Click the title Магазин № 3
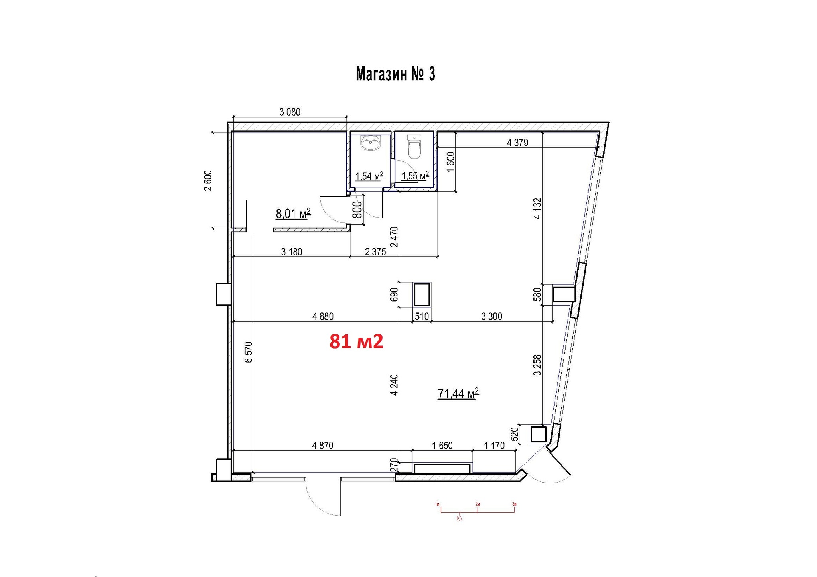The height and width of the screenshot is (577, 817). (395, 75)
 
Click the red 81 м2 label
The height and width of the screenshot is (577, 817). (356, 341)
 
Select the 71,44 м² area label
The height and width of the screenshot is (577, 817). (458, 394)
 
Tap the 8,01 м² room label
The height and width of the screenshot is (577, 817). (293, 214)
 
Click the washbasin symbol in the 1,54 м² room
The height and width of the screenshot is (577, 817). (371, 143)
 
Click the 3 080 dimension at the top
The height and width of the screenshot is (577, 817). (290, 112)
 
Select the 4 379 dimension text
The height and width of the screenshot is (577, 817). (517, 143)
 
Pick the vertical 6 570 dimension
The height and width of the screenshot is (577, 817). (249, 352)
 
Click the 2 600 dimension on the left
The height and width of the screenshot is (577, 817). (208, 181)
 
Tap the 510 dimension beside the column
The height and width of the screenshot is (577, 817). (422, 316)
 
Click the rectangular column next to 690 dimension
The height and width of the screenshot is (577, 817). (422, 295)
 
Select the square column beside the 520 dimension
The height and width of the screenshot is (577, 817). (538, 434)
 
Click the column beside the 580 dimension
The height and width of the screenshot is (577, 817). (563, 294)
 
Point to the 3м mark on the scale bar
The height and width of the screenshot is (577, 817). (514, 504)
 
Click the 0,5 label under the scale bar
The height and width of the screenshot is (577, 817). (459, 518)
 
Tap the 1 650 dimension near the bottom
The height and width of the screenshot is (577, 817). (442, 446)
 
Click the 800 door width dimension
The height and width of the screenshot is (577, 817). (357, 210)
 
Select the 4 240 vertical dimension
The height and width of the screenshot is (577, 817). (394, 385)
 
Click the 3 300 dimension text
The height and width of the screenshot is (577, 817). (491, 316)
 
